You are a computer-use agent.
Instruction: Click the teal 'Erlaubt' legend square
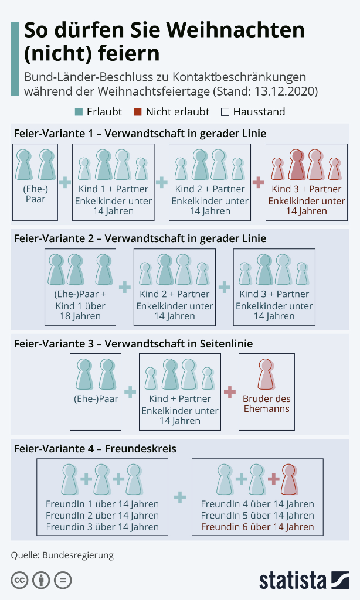[x=79, y=112]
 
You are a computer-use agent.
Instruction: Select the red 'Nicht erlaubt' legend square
[x=138, y=112]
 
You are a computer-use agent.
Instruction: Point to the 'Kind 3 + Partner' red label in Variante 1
[x=306, y=189]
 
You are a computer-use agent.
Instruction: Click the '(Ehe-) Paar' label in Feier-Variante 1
[x=35, y=195]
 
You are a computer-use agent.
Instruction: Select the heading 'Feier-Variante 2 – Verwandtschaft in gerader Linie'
[x=140, y=238]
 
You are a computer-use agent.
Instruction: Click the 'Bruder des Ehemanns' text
[x=266, y=404]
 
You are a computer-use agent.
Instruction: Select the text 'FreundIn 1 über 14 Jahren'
[x=102, y=504]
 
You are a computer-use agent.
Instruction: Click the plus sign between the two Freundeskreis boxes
[x=180, y=497]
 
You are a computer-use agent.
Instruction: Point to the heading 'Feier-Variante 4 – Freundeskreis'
[x=95, y=449]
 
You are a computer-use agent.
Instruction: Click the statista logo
[x=304, y=579]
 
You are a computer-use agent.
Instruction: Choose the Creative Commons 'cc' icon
[x=19, y=580]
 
